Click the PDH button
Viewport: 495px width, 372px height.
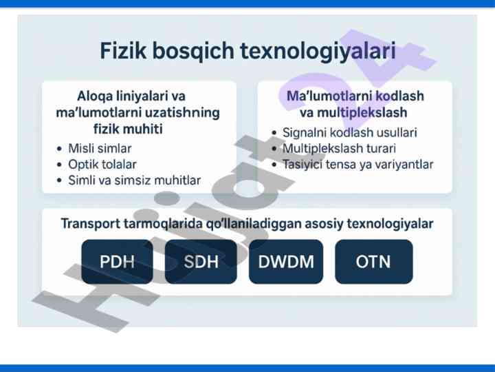click(x=117, y=262)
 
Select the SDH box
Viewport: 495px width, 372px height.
click(x=201, y=262)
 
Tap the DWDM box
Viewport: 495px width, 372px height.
click(x=286, y=262)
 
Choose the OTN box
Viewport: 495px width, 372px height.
click(x=374, y=262)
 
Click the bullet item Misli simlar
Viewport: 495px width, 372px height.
click(x=100, y=148)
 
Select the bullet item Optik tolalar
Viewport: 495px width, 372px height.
click(x=102, y=165)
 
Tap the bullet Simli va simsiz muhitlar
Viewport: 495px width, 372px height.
click(x=135, y=180)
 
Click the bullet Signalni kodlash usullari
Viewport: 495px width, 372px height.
click(x=350, y=132)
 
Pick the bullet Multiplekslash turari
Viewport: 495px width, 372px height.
click(x=339, y=148)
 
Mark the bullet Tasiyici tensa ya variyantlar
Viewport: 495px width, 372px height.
click(x=358, y=165)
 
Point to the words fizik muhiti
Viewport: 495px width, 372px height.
click(x=128, y=129)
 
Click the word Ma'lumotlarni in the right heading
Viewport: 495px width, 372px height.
click(x=329, y=96)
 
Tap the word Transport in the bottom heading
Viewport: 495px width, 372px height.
click(x=91, y=224)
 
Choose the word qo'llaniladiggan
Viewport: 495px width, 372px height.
click(x=254, y=224)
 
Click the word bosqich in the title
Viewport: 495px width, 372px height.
click(x=193, y=51)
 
